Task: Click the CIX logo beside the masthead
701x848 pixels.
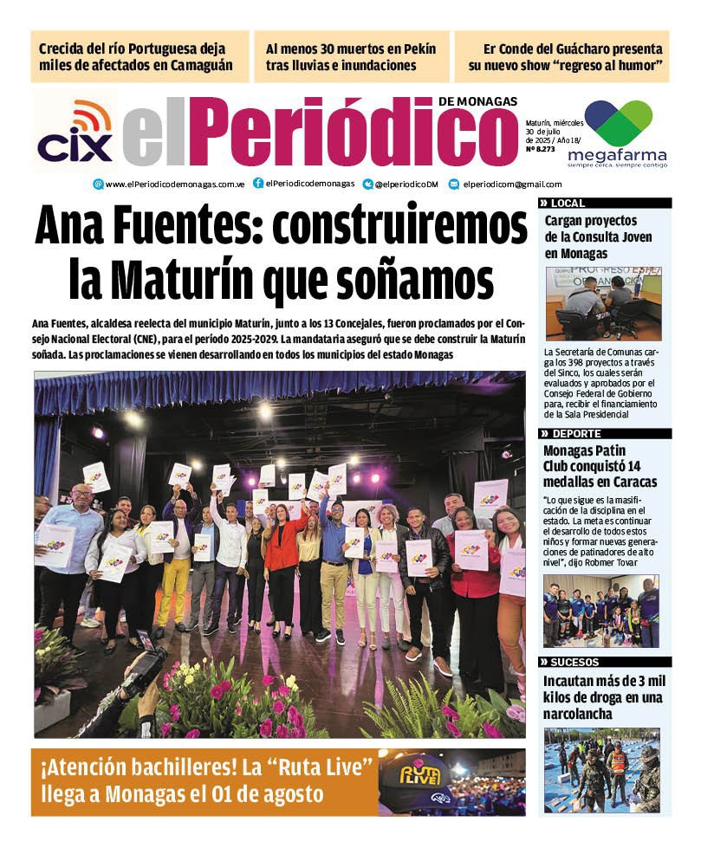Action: click(75, 132)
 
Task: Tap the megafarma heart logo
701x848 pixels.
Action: click(618, 122)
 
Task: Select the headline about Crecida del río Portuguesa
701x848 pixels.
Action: click(138, 56)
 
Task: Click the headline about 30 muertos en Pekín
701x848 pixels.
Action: click(351, 56)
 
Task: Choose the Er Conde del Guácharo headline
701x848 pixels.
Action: click(565, 56)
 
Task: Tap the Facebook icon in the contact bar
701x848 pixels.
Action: click(258, 184)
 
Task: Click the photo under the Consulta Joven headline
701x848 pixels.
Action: click(603, 304)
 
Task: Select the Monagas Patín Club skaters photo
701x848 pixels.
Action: click(601, 612)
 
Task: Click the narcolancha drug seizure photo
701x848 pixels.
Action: click(601, 769)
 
